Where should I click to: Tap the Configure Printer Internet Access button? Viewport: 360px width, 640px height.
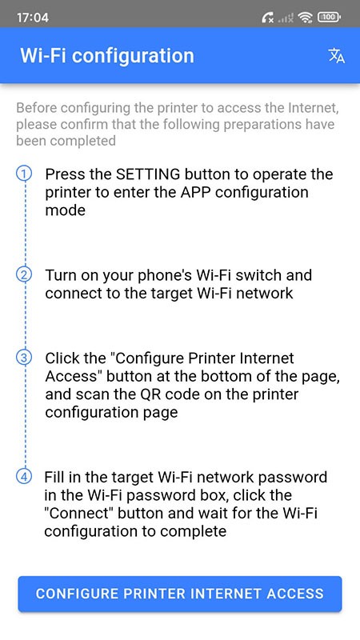point(179,594)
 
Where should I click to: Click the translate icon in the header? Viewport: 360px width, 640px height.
point(337,55)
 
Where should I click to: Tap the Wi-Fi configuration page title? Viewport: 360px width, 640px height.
point(106,55)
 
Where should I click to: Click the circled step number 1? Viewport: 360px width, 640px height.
point(25,174)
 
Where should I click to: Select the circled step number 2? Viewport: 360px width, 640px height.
point(25,274)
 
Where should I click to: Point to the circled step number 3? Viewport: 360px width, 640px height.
point(25,358)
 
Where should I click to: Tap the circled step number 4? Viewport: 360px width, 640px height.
point(25,478)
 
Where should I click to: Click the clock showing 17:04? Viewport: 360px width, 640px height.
point(32,16)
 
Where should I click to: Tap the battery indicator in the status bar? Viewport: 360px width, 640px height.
point(328,16)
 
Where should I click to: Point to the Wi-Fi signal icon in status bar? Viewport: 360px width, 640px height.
point(305,16)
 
